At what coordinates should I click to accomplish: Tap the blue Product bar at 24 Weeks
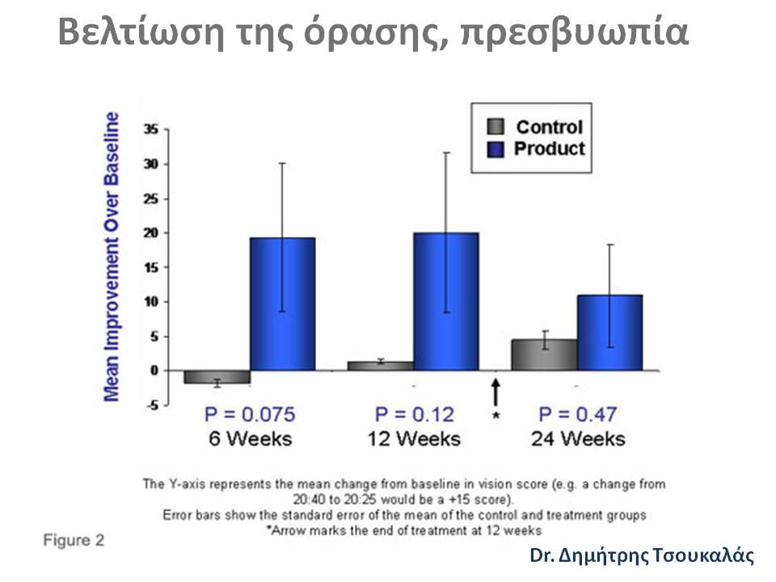point(609,332)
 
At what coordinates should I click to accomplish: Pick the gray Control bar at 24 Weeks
point(544,354)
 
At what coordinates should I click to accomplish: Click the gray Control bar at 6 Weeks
point(217,377)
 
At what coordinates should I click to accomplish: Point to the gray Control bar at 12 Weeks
point(381,365)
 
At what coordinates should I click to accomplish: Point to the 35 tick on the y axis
point(150,129)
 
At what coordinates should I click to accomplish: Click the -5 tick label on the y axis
point(150,405)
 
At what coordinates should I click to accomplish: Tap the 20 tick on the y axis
point(150,233)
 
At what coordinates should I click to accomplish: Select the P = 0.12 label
point(415,415)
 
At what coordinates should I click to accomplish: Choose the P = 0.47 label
point(578,415)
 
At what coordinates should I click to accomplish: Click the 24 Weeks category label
point(578,438)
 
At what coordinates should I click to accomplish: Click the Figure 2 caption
point(74,540)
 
